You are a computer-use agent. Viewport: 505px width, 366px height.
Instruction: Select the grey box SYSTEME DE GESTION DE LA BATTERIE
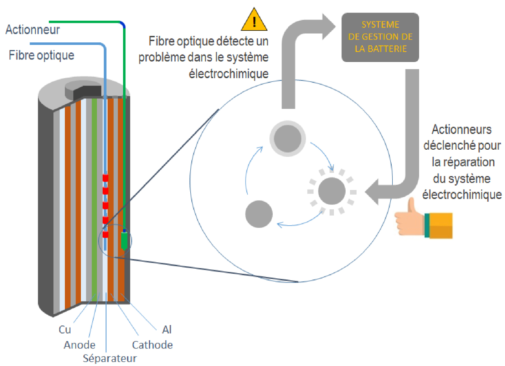380,37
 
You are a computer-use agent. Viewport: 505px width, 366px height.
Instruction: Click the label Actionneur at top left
32,30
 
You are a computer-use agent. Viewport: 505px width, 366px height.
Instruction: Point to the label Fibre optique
41,55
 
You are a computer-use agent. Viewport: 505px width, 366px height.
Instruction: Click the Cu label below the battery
65,330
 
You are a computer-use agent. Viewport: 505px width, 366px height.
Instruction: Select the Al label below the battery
167,330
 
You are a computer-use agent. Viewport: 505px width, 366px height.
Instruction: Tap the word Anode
79,345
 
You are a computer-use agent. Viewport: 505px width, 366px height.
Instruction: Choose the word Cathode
152,345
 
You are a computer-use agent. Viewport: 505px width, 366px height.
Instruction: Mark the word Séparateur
109,358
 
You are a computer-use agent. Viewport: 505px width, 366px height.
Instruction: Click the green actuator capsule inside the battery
124,240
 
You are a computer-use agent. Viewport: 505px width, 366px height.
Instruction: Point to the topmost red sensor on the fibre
105,177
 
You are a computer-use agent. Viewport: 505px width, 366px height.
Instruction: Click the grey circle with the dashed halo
332,191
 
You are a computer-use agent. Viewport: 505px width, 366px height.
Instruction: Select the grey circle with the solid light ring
288,139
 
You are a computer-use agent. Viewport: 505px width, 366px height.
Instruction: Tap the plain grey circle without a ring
259,214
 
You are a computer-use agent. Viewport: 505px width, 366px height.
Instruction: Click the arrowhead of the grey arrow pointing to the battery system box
328,26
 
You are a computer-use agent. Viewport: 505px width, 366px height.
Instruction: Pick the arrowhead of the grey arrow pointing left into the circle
372,192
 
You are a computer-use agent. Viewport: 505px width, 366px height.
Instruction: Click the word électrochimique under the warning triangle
228,74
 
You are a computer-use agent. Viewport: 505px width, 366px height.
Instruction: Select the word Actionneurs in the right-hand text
462,129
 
